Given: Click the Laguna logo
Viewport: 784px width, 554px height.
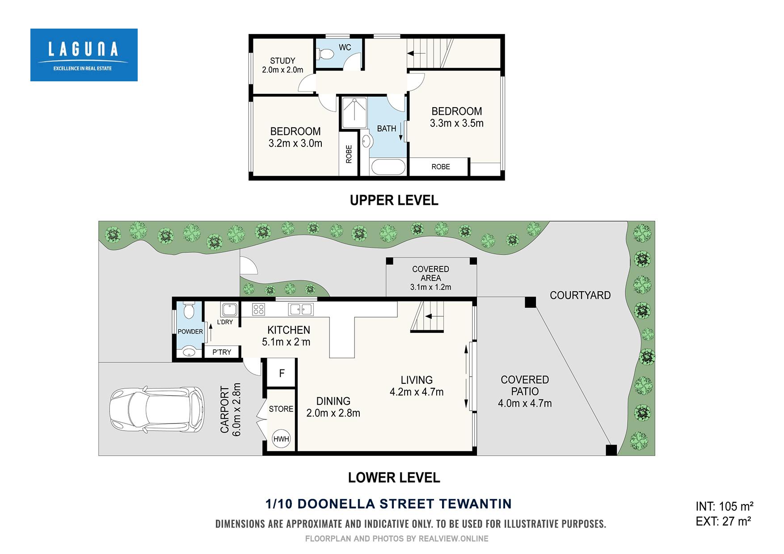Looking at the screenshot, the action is [84, 55].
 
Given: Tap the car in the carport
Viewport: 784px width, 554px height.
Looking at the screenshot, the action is [157, 409].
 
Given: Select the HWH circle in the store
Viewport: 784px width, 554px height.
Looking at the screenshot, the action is [282, 439].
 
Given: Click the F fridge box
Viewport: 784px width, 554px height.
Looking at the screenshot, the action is [282, 373].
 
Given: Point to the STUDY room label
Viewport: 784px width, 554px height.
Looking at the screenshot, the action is [282, 61].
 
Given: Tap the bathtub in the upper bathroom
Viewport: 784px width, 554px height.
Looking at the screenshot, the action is [388, 168].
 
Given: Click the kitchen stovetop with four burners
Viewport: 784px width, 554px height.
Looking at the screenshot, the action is [258, 309].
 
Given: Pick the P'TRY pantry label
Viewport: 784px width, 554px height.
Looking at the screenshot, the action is [222, 352].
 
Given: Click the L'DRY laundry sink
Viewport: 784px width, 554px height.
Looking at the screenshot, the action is [229, 309].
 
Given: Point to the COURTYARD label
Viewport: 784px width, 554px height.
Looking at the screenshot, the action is [580, 295].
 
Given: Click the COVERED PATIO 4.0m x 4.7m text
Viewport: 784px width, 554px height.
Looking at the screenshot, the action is [525, 391].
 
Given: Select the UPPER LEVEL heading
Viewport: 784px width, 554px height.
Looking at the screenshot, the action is [394, 200].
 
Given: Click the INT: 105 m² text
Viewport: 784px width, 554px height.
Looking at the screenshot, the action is [725, 506].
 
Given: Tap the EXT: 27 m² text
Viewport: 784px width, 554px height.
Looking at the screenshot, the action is [723, 521].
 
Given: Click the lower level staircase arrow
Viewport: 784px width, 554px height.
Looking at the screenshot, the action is [431, 317].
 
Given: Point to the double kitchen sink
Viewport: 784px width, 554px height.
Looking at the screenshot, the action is [301, 309].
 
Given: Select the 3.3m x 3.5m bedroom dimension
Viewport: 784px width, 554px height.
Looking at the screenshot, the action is [456, 123].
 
